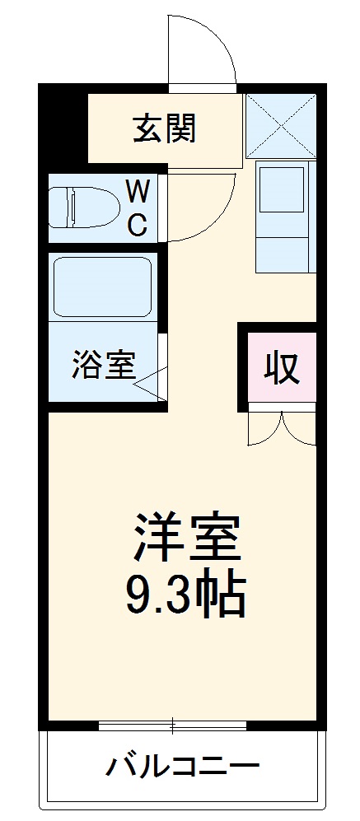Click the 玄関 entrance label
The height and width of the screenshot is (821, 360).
165,128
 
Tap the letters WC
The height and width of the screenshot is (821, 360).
138,209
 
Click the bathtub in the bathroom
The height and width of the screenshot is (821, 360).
101,287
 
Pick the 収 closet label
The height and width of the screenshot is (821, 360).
281,367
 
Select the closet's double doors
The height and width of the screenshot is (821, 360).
282,428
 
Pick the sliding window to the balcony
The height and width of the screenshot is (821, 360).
172,725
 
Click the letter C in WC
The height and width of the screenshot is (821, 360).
138,224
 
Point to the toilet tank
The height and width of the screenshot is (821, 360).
58,208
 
